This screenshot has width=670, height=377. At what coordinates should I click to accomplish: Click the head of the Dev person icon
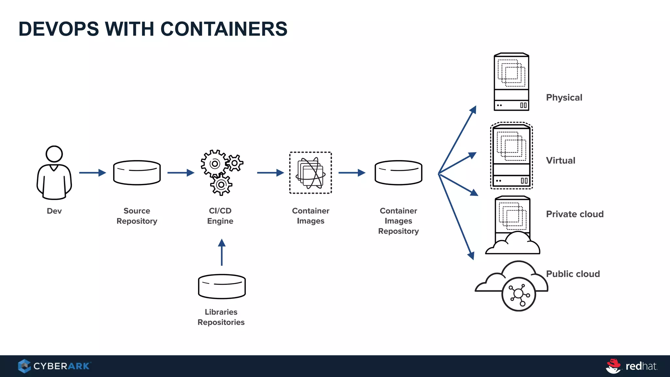click(54, 154)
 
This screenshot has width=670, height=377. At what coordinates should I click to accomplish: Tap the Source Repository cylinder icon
click(137, 173)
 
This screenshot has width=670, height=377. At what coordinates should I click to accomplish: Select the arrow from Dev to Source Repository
click(92, 172)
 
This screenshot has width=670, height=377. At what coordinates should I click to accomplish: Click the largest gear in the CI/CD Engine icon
click(214, 164)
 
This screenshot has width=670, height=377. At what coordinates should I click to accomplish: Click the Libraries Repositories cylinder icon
click(222, 286)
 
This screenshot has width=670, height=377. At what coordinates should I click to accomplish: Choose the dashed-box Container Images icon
click(310, 173)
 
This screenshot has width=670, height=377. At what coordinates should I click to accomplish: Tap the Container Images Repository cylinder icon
click(398, 173)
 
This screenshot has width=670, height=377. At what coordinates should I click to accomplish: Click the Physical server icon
click(511, 82)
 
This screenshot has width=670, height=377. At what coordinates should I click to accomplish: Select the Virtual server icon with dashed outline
click(511, 156)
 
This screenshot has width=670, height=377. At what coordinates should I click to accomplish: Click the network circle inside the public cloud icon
click(519, 294)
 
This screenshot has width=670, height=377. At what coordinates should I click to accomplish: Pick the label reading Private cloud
click(574, 214)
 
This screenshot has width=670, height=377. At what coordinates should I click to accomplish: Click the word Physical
click(564, 98)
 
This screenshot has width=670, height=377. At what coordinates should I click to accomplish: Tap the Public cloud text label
click(573, 274)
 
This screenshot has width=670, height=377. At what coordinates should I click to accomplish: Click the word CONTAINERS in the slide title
click(224, 29)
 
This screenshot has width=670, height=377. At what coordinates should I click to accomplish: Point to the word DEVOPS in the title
click(59, 29)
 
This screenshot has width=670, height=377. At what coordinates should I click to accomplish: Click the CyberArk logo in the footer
click(54, 366)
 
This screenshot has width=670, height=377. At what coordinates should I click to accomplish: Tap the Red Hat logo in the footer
click(631, 366)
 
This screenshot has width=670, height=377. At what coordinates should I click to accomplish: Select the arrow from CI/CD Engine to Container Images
click(270, 172)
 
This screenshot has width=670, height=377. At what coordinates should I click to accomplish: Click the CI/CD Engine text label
click(220, 216)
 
